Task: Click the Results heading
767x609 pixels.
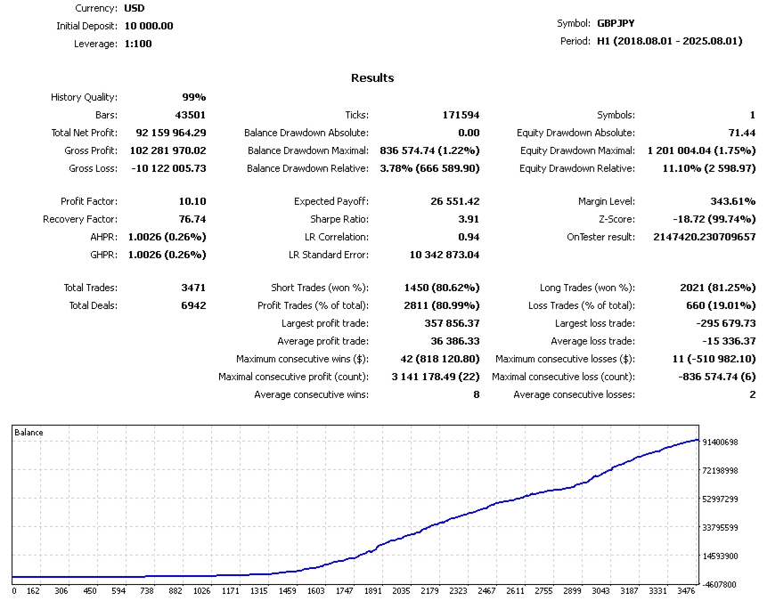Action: tap(372, 78)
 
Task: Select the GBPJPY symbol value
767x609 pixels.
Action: tap(616, 23)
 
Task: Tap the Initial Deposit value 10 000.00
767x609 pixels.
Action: tap(149, 26)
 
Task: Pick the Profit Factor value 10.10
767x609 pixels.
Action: tap(192, 201)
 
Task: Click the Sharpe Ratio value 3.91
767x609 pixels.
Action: tap(468, 219)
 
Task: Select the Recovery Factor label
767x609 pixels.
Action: tap(80, 219)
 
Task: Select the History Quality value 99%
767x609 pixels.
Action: tap(194, 97)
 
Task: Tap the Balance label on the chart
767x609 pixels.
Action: tap(29, 433)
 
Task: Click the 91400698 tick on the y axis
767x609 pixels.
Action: tap(720, 443)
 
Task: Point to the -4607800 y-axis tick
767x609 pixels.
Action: tap(720, 585)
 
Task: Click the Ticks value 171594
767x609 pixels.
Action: tap(461, 115)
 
